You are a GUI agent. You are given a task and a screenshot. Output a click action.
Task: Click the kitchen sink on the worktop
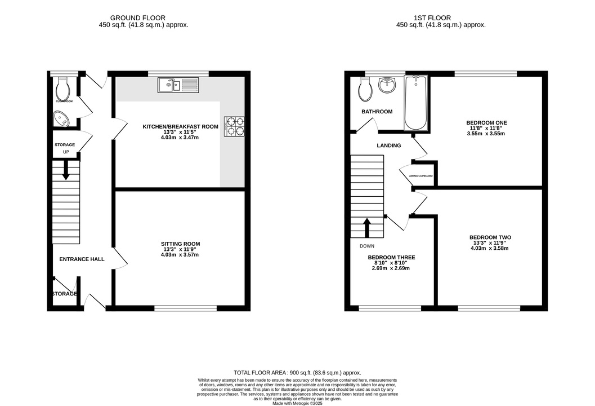[x=178, y=86]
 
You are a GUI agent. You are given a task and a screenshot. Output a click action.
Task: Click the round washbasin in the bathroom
[x=387, y=86]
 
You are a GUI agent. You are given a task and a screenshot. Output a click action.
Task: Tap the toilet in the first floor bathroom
[x=366, y=88]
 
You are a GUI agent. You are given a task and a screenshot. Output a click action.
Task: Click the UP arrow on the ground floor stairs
[x=66, y=170]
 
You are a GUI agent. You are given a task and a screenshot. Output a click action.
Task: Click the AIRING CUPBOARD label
[x=420, y=176]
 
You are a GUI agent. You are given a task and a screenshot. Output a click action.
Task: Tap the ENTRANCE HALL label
[x=82, y=259]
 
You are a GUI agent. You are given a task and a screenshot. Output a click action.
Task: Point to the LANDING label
[x=388, y=145]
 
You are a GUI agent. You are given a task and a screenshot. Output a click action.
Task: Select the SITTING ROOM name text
[x=180, y=244]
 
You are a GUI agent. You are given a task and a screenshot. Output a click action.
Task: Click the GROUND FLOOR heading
[x=138, y=18]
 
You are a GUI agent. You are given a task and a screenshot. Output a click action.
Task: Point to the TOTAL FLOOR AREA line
[x=297, y=373]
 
